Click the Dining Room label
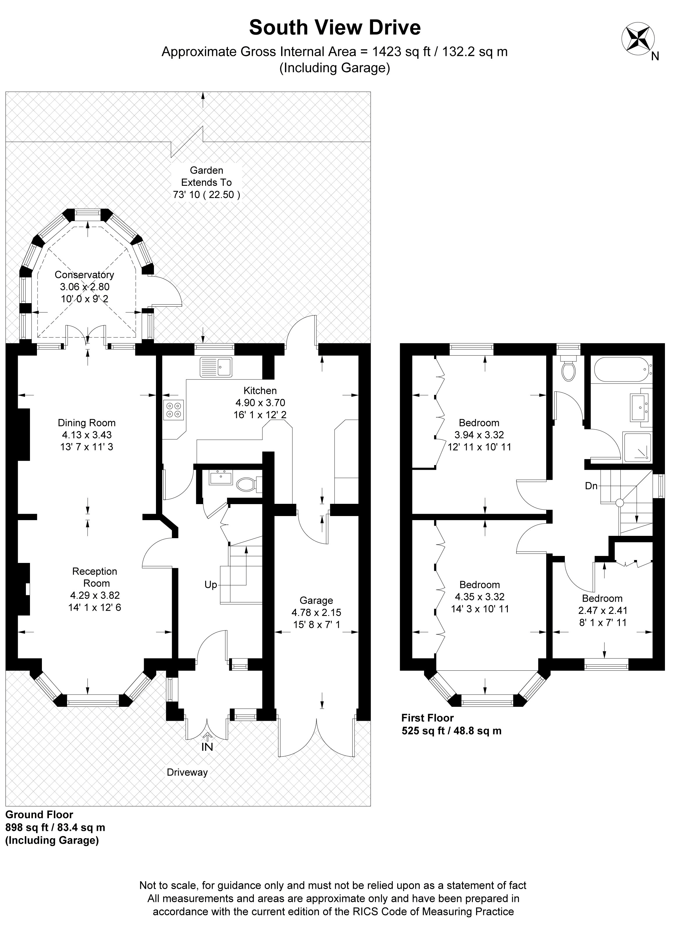pyautogui.click(x=86, y=423)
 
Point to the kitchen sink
pyautogui.click(x=216, y=367)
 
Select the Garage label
pyautogui.click(x=316, y=601)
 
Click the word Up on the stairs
pyautogui.click(x=210, y=585)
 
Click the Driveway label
pyautogui.click(x=187, y=773)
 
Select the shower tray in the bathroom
pyautogui.click(x=637, y=447)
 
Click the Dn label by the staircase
pyautogui.click(x=591, y=486)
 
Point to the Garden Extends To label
pyautogui.click(x=206, y=176)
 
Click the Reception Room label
pyautogui.click(x=95, y=577)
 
